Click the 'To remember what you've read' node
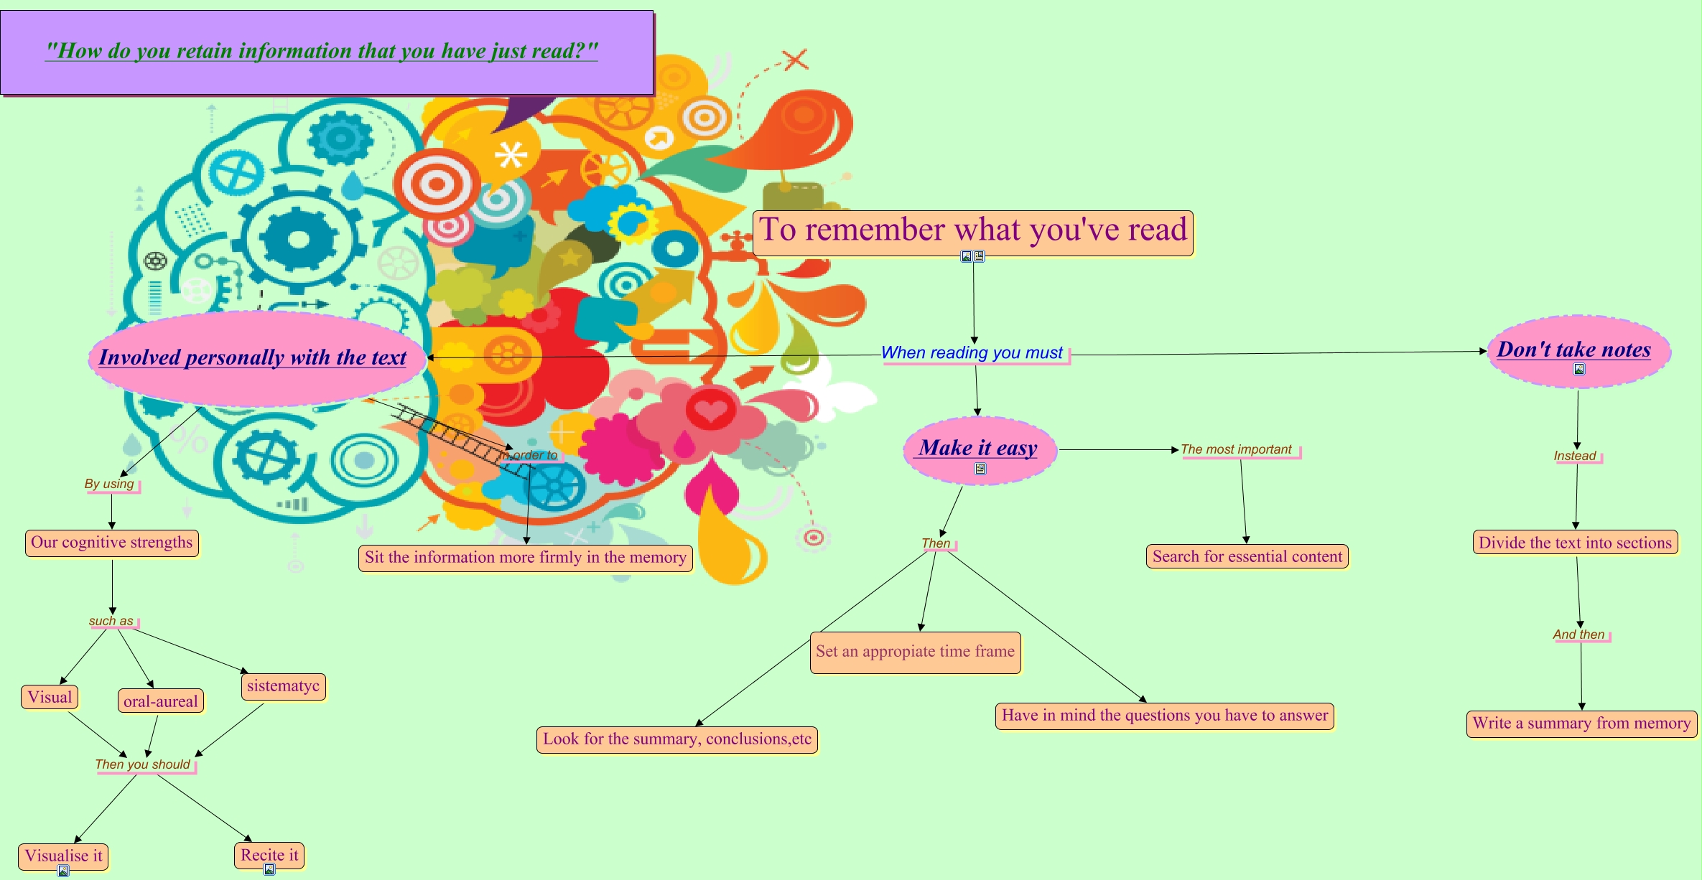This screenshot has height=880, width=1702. (x=972, y=231)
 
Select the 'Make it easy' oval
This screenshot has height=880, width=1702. (x=979, y=449)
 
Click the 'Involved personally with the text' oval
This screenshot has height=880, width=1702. (x=253, y=357)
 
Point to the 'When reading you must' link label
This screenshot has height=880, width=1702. (x=972, y=353)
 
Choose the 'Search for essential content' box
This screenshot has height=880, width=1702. (x=1247, y=557)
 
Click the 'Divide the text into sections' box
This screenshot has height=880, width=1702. (x=1575, y=543)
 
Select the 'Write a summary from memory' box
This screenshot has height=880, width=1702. (x=1581, y=724)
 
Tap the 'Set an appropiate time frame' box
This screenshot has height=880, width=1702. (x=915, y=652)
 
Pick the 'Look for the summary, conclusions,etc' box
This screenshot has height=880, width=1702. (x=676, y=739)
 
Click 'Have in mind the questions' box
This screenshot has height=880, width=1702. (x=1164, y=716)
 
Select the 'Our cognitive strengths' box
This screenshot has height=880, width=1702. (x=111, y=543)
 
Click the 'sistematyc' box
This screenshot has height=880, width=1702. (x=283, y=686)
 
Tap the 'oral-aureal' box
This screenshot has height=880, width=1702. (x=160, y=701)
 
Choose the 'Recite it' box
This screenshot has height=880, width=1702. (x=269, y=855)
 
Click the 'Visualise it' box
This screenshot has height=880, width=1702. (x=63, y=856)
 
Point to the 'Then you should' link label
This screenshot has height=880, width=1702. (x=143, y=764)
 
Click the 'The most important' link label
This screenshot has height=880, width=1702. (x=1236, y=450)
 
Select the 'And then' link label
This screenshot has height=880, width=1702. (x=1578, y=635)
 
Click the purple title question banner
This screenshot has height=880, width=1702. (x=327, y=52)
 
